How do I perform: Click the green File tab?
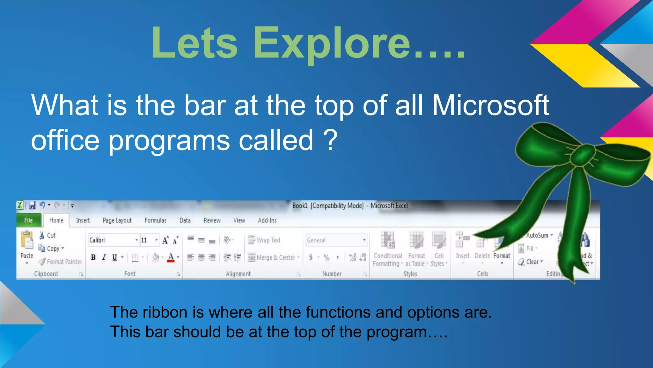[28, 220]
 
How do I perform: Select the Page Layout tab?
[117, 220]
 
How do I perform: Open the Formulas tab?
[155, 220]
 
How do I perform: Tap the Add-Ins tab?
[267, 220]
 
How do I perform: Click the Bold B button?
[93, 257]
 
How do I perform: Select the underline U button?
[114, 257]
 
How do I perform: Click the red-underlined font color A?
[171, 257]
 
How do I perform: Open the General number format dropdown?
[364, 240]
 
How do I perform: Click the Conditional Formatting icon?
[388, 240]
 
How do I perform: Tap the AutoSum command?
[537, 235]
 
